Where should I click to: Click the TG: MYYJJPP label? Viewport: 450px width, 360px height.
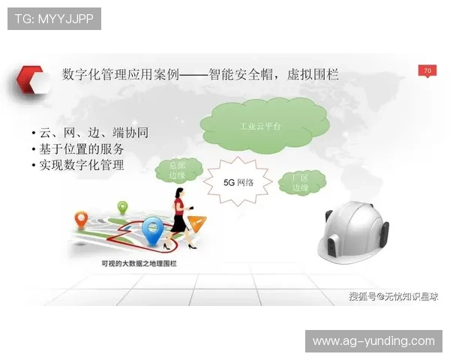(53, 18)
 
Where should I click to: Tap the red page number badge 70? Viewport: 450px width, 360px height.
(427, 70)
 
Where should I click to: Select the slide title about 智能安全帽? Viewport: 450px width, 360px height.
(200, 75)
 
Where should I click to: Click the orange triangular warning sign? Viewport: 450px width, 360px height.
(196, 222)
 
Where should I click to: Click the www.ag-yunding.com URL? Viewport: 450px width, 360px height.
(373, 341)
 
